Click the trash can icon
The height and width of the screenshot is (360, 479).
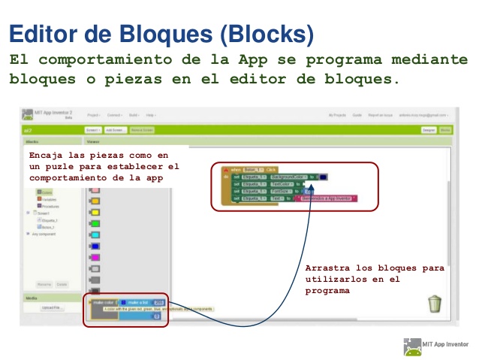point(435,304)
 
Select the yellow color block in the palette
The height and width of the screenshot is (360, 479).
point(95,212)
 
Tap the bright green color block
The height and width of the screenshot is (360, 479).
point(95,224)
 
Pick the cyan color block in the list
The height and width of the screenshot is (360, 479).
point(95,235)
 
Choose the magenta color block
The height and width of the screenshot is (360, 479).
point(95,258)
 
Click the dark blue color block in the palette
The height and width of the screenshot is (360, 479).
point(95,247)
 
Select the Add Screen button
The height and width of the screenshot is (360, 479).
point(114,130)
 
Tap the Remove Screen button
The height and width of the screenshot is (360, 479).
point(142,130)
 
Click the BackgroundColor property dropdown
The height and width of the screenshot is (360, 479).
point(282,177)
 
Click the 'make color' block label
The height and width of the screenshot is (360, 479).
point(102,302)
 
